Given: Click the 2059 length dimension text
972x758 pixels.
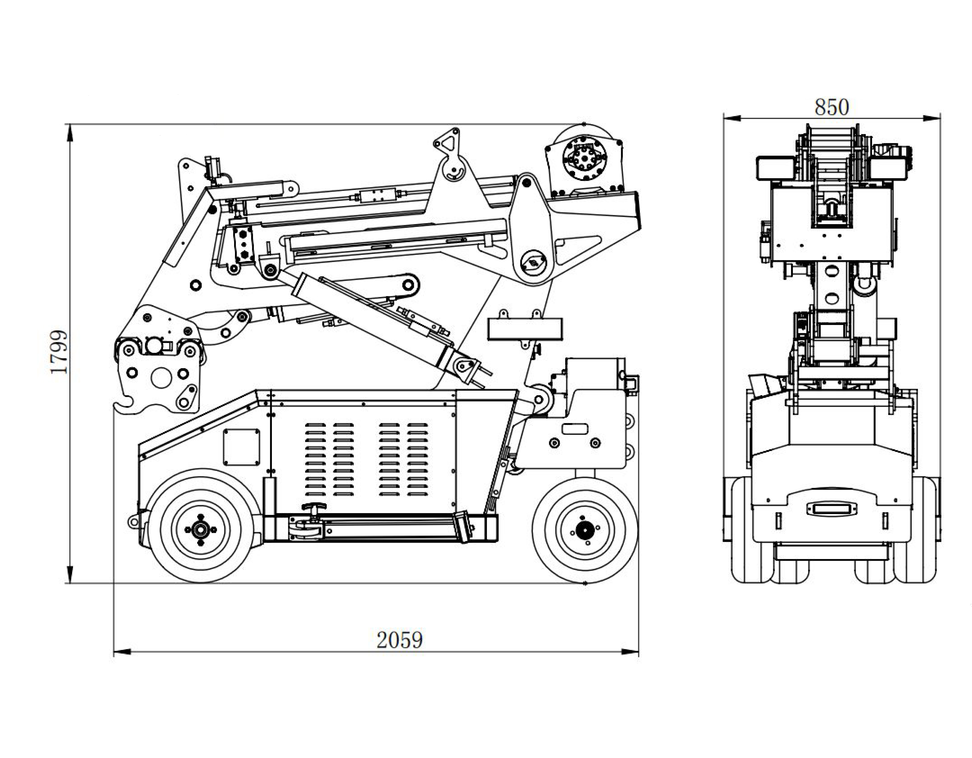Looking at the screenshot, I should click(399, 640).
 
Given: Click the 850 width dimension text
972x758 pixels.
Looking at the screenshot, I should click(831, 107).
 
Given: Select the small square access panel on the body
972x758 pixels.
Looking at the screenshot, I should click(241, 447).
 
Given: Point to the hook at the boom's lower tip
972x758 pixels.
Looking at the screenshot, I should click(125, 406).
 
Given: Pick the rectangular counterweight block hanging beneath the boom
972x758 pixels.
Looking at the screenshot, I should click(525, 329).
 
